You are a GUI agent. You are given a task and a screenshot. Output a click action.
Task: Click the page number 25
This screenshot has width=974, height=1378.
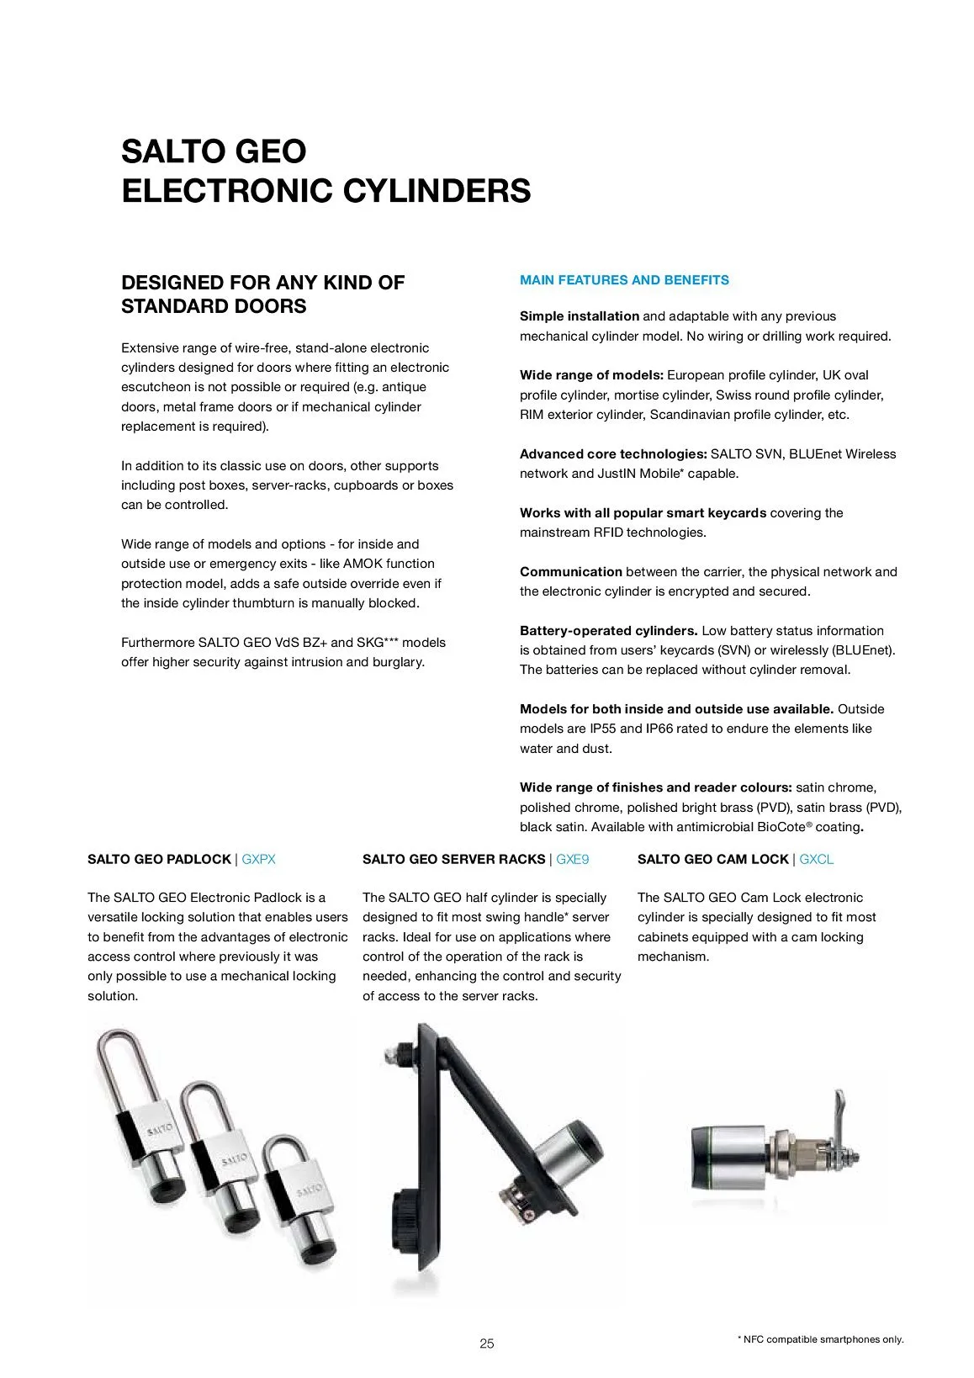point(487,1344)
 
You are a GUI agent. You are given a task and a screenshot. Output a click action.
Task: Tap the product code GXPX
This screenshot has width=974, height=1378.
point(258,859)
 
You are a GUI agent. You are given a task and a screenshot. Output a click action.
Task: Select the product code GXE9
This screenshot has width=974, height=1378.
point(573,859)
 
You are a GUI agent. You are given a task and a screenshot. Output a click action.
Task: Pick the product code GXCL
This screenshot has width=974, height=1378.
point(816,859)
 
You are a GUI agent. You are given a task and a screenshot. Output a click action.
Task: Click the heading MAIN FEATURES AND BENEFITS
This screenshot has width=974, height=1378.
point(624,280)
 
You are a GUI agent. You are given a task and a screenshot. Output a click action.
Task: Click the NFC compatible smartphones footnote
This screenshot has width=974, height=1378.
point(820,1339)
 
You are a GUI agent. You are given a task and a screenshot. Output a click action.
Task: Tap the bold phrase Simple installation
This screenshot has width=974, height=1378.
point(580,316)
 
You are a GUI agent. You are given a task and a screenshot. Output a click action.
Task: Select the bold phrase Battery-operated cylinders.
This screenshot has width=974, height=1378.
point(608,630)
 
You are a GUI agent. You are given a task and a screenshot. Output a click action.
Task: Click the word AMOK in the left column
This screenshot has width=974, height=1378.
point(363,564)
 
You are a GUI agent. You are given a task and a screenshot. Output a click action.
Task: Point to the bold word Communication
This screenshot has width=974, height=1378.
point(571,571)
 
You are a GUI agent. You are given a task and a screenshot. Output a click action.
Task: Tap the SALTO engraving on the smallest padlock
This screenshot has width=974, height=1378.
point(309,1190)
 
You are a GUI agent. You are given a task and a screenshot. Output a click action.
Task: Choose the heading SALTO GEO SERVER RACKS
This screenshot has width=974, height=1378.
point(453,859)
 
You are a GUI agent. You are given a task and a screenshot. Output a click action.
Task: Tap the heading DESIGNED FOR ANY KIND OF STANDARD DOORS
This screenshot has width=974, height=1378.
point(262,294)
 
